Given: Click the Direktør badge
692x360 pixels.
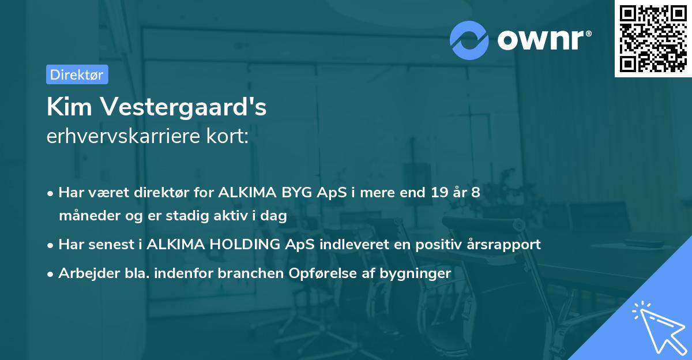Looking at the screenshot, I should (x=77, y=74).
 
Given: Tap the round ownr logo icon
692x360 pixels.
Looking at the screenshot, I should (x=469, y=40).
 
